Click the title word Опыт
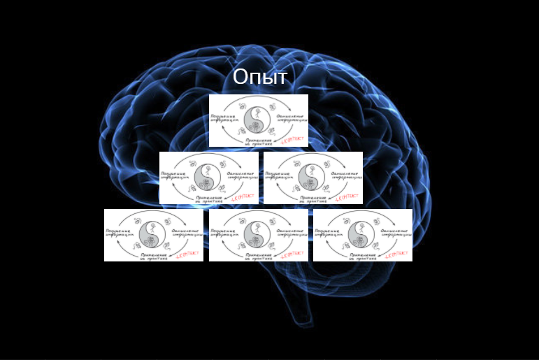pyautogui.click(x=260, y=77)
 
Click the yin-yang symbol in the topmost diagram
pyautogui.click(x=258, y=117)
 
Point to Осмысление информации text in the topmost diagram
pyautogui.click(x=290, y=115)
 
